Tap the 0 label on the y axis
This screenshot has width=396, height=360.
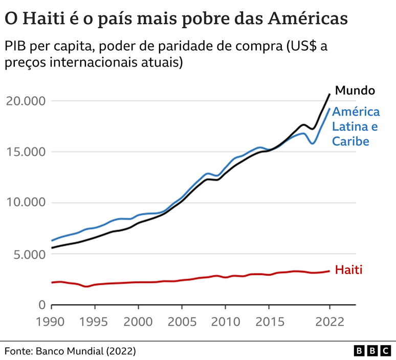(42, 305)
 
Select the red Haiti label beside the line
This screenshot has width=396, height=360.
(348, 270)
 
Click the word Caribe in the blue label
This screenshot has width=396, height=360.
(350, 141)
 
